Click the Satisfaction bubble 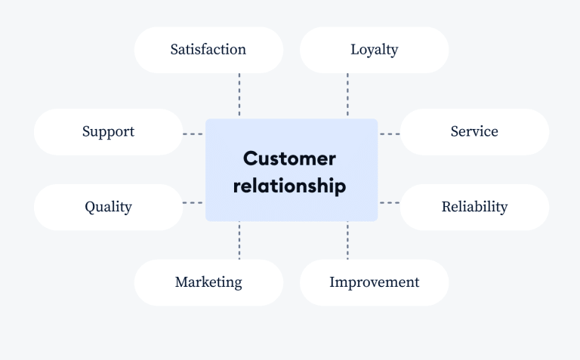[208, 50]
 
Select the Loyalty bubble [375, 50]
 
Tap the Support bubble [109, 132]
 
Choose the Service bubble [474, 132]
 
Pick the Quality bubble [109, 208]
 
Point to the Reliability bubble [474, 208]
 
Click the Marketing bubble [208, 283]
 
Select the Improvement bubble [375, 283]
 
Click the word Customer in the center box [290, 158]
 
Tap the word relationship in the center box [290, 186]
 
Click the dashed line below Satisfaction [239, 95]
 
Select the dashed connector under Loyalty [347, 95]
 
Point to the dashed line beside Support [193, 134]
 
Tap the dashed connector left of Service [390, 134]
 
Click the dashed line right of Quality [193, 202]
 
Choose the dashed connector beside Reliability [390, 202]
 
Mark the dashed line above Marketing [239, 241]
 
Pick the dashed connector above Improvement [347, 241]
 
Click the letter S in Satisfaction [174, 50]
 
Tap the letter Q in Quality [90, 207]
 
